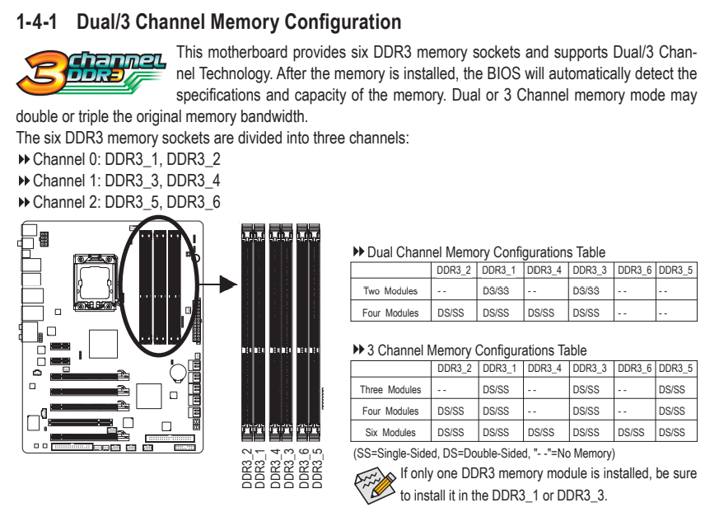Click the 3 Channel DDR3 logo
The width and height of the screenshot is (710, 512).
pyautogui.click(x=91, y=73)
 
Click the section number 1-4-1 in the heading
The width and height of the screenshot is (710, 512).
pyautogui.click(x=37, y=21)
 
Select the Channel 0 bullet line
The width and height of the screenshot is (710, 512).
pyautogui.click(x=119, y=159)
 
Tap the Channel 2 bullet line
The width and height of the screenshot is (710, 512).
pyautogui.click(x=119, y=202)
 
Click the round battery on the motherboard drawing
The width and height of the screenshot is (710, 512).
pyautogui.click(x=179, y=372)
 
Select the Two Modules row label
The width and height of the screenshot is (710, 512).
pyautogui.click(x=390, y=291)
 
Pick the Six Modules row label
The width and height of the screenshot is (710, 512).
pyautogui.click(x=390, y=432)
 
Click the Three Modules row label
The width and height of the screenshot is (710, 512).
pyautogui.click(x=390, y=389)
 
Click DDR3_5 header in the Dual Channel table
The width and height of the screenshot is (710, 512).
pyautogui.click(x=675, y=270)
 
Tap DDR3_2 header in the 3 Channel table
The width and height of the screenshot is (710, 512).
pyautogui.click(x=454, y=369)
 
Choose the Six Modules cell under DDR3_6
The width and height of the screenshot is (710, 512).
pyautogui.click(x=631, y=432)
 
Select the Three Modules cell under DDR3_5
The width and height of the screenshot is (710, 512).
pyautogui.click(x=672, y=389)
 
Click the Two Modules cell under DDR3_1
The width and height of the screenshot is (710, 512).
pyautogui.click(x=496, y=291)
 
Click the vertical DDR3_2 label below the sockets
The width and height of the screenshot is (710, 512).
pyautogui.click(x=247, y=468)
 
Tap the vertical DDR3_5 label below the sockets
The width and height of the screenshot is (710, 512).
pyautogui.click(x=317, y=468)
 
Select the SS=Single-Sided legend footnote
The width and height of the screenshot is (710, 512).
pyautogui.click(x=483, y=453)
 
